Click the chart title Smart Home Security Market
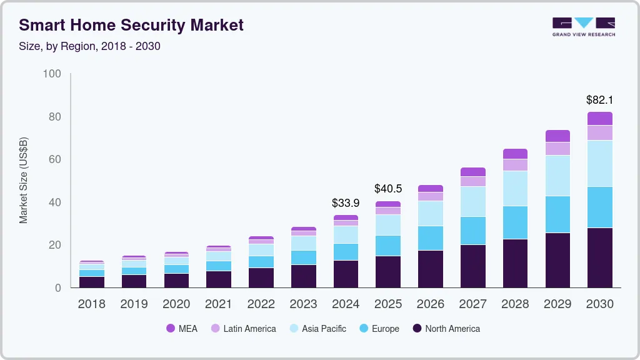[x=131, y=26]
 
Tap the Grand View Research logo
[x=584, y=27]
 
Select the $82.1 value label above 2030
[x=599, y=99]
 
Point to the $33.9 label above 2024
[x=346, y=202]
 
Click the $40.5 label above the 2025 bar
[x=387, y=188]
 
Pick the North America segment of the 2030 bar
[x=599, y=257]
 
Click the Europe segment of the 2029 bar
[x=557, y=214]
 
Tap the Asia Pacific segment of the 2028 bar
[x=515, y=188]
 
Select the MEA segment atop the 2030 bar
[x=599, y=119]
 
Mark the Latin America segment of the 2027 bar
[x=472, y=181]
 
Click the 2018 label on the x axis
[x=91, y=304]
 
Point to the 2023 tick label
[x=303, y=304]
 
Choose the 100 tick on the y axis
[x=52, y=74]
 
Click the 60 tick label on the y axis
[x=55, y=160]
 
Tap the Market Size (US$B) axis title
[x=24, y=180]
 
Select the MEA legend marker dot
[x=171, y=329]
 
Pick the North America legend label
[x=452, y=329]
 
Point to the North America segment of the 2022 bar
[x=261, y=277]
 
